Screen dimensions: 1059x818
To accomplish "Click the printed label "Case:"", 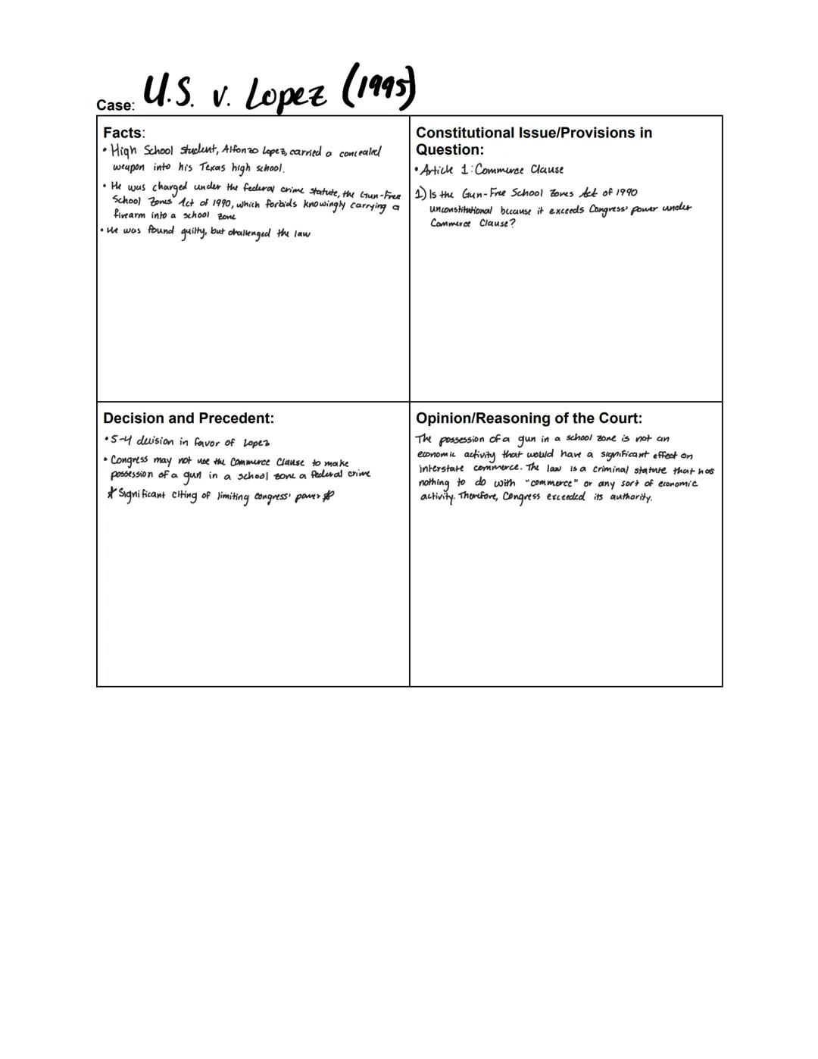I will tap(115, 105).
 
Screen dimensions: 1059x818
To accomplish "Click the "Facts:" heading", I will tap(124, 133).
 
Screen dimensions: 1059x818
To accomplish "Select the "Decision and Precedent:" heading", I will tap(189, 418).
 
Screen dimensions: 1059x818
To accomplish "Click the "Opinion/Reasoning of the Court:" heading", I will tap(529, 418).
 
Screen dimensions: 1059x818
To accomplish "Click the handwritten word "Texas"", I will tap(213, 168).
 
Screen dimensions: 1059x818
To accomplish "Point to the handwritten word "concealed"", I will tap(360, 152).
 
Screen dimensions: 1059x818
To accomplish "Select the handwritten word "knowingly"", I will tap(326, 205).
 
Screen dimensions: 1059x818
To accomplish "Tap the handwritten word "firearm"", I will tap(130, 216).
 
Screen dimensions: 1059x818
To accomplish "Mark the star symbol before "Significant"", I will tap(111, 495).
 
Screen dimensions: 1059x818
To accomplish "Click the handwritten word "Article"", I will tap(437, 169).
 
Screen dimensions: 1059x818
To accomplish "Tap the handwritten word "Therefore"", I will tap(477, 497).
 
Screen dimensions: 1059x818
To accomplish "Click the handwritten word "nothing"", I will tap(435, 483).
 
